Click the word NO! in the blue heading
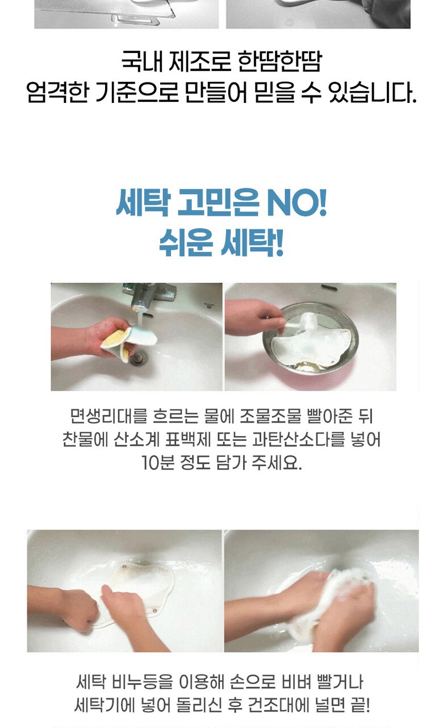pos(296,204)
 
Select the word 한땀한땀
pos(280,61)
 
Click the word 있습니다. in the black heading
pos(373,92)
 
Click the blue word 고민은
pos(219,204)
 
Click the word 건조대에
pos(278,706)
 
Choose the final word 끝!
pos(360,706)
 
